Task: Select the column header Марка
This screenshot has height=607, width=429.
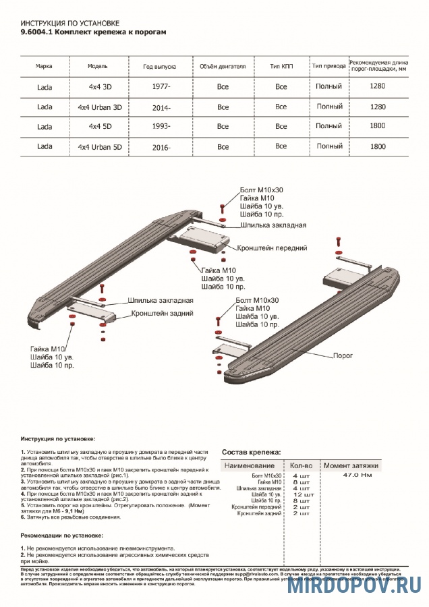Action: pos(44,67)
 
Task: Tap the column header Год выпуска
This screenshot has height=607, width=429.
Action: pos(160,67)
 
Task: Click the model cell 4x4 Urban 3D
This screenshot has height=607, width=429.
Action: pos(100,107)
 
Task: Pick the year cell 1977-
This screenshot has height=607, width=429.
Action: pos(162,87)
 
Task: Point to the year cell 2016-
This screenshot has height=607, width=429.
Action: pos(162,146)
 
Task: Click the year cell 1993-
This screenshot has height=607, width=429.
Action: pos(162,126)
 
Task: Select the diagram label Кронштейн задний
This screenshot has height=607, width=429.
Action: pos(163,313)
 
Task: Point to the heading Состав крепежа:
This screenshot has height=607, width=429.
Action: pos(251,452)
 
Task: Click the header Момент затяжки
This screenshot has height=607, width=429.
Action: pos(351,465)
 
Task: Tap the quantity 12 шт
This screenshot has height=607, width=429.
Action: pos(301,494)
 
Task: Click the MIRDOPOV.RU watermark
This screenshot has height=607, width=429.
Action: pos(355,586)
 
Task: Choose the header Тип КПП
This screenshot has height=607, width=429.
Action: pos(281,67)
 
